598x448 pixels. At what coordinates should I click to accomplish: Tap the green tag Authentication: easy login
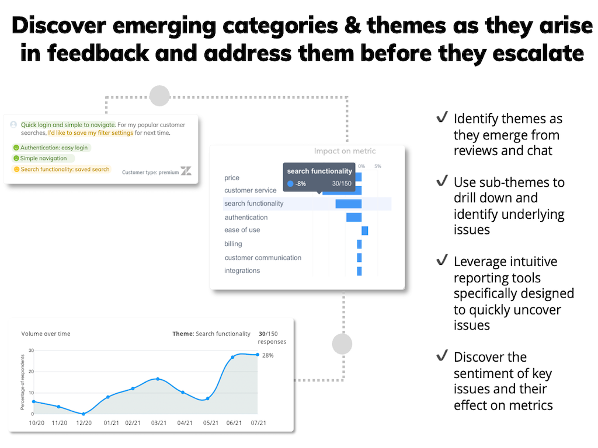pyautogui.click(x=51, y=148)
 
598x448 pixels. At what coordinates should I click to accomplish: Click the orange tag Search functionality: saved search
pyautogui.click(x=61, y=169)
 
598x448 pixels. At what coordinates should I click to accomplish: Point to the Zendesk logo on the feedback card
pyautogui.click(x=186, y=171)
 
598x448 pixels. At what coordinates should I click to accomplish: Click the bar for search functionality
pyautogui.click(x=348, y=204)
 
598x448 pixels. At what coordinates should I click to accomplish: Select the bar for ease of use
pyautogui.click(x=364, y=230)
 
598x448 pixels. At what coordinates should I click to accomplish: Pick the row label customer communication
pyautogui.click(x=263, y=257)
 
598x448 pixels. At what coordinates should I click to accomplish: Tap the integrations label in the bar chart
pyautogui.click(x=242, y=271)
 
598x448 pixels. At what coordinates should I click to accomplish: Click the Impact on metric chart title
pyautogui.click(x=345, y=151)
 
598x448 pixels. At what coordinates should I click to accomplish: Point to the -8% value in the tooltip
pyautogui.click(x=300, y=184)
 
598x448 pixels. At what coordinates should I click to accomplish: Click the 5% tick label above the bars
pyautogui.click(x=378, y=166)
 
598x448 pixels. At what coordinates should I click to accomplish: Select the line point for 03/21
pyautogui.click(x=158, y=379)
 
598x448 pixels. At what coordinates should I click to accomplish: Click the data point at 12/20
pyautogui.click(x=84, y=414)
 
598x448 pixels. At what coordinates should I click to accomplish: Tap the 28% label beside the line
pyautogui.click(x=267, y=355)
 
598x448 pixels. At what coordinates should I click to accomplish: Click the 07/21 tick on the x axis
pyautogui.click(x=258, y=423)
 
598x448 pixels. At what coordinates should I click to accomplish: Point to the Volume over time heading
pyautogui.click(x=46, y=334)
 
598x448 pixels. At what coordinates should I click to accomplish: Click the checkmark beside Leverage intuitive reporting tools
pyautogui.click(x=442, y=261)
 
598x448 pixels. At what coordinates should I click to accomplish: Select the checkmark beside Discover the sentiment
pyautogui.click(x=442, y=356)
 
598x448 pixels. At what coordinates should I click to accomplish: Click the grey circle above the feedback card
pyautogui.click(x=159, y=96)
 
